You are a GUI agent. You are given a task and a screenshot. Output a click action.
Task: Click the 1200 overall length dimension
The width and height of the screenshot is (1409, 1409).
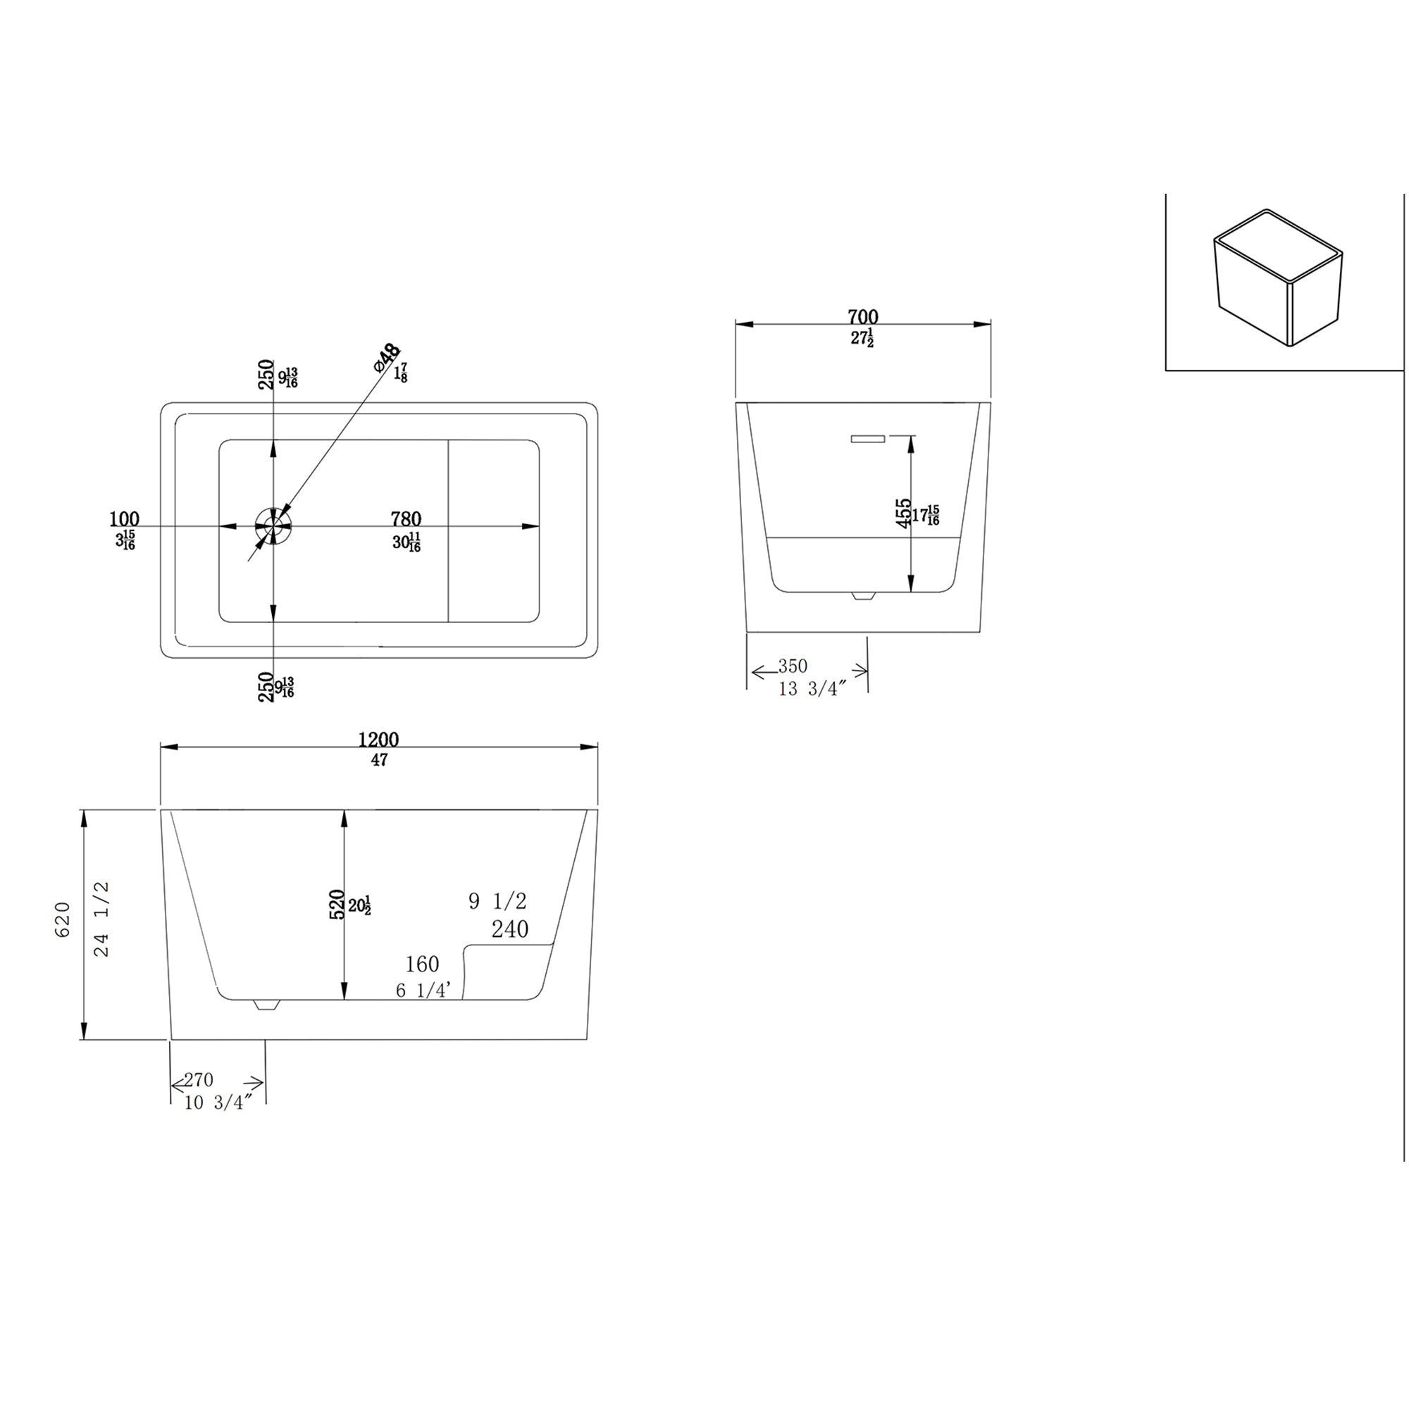click(378, 740)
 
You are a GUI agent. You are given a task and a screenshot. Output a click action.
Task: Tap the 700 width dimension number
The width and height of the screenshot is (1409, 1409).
click(863, 317)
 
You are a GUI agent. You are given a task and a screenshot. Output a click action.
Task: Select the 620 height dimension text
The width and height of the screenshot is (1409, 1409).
click(63, 919)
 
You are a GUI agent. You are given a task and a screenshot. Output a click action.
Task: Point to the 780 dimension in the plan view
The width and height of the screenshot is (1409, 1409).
click(406, 519)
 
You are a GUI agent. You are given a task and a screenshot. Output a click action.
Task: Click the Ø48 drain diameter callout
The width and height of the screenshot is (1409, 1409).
click(387, 357)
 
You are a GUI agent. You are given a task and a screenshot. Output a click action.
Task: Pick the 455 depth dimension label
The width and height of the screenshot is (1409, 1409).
click(904, 514)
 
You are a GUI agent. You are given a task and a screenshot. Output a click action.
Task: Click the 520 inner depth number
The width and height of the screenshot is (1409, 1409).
click(337, 905)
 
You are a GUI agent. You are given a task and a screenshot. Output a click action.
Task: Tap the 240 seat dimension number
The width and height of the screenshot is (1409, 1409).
click(510, 929)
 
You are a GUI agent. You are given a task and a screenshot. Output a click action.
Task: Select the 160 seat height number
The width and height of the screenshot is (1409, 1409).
click(421, 964)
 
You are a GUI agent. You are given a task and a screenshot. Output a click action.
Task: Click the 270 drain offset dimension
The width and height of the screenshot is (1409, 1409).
click(199, 1079)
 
